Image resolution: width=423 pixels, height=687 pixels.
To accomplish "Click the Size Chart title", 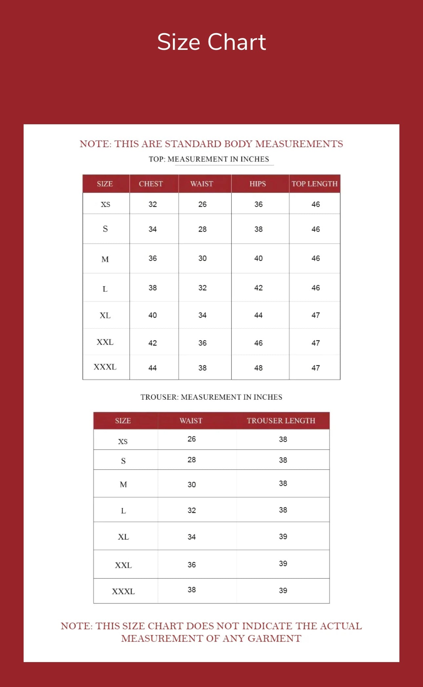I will (x=211, y=42).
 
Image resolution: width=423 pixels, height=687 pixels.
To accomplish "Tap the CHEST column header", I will (x=151, y=184).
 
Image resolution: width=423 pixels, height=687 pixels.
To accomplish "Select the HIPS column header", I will (x=258, y=184).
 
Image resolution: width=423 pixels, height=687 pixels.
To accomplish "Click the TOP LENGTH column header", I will (x=314, y=184).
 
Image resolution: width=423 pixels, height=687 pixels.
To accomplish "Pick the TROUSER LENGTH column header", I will (x=281, y=421).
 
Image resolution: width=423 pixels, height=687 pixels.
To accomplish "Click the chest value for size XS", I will (x=152, y=204).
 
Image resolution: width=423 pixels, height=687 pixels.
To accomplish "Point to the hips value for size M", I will (x=258, y=258).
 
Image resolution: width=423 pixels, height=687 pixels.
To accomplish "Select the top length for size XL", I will (x=315, y=315).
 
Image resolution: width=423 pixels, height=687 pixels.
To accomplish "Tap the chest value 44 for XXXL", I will (x=152, y=368).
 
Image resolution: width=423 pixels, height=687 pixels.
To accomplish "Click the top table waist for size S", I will (x=202, y=229).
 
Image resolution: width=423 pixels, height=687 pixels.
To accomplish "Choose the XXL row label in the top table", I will (x=105, y=342).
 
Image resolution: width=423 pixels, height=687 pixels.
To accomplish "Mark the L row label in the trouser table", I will (x=123, y=511).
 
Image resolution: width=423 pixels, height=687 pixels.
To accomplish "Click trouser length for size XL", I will (x=283, y=536).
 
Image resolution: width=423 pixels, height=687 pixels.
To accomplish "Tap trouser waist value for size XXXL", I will (x=191, y=590).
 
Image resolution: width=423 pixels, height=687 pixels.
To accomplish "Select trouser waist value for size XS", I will (x=191, y=439).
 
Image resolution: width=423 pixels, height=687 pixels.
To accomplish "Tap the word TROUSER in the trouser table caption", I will (x=159, y=397).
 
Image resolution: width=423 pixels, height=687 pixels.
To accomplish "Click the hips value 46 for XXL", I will (x=258, y=343).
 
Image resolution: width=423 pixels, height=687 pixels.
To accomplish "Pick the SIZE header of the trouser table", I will (x=123, y=421).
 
